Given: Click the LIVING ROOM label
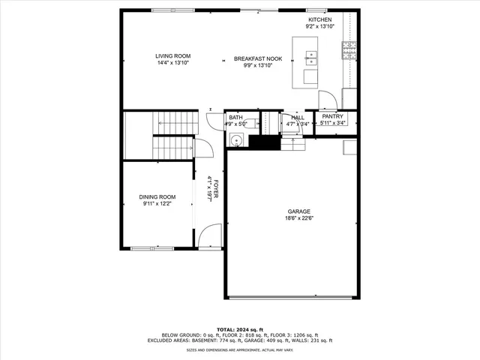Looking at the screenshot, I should tap(173, 56).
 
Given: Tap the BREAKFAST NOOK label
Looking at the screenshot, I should tap(257, 58).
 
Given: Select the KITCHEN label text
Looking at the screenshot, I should tap(319, 19).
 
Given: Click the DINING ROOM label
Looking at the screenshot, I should tap(158, 196).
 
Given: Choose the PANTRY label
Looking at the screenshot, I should tap(332, 116).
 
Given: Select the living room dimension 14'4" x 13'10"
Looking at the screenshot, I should tap(173, 63).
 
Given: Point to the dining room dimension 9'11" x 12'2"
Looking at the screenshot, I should tap(158, 203).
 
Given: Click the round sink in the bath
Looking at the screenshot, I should tap(236, 139).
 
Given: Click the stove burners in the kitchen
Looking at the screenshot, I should tap(349, 50).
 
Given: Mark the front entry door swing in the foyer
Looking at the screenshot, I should tap(212, 235).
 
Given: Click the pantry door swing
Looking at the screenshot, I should tap(327, 100).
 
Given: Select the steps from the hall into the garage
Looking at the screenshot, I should tap(294, 144).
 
